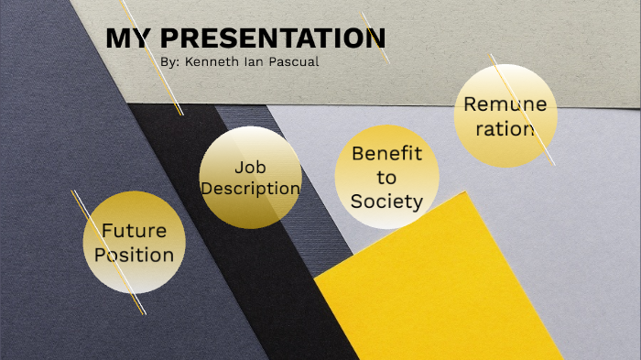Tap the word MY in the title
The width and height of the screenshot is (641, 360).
coord(126,38)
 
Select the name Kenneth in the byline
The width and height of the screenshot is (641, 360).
coord(214,62)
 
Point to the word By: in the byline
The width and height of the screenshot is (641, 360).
coord(170,62)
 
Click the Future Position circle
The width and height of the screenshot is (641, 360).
coord(135,242)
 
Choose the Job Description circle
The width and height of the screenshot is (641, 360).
coord(250,178)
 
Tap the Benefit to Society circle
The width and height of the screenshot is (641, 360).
coord(386,176)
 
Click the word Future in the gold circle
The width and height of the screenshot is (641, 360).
coord(134,230)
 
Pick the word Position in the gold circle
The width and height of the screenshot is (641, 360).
coord(134,254)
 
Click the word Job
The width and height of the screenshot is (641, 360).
coord(250,167)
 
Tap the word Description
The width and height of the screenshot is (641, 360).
coord(250,189)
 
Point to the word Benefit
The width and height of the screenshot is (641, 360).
coord(386,153)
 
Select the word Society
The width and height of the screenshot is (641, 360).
coord(386,201)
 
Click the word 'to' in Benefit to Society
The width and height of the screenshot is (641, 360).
coord(386,177)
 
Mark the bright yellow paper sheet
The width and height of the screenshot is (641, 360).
coord(440,293)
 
